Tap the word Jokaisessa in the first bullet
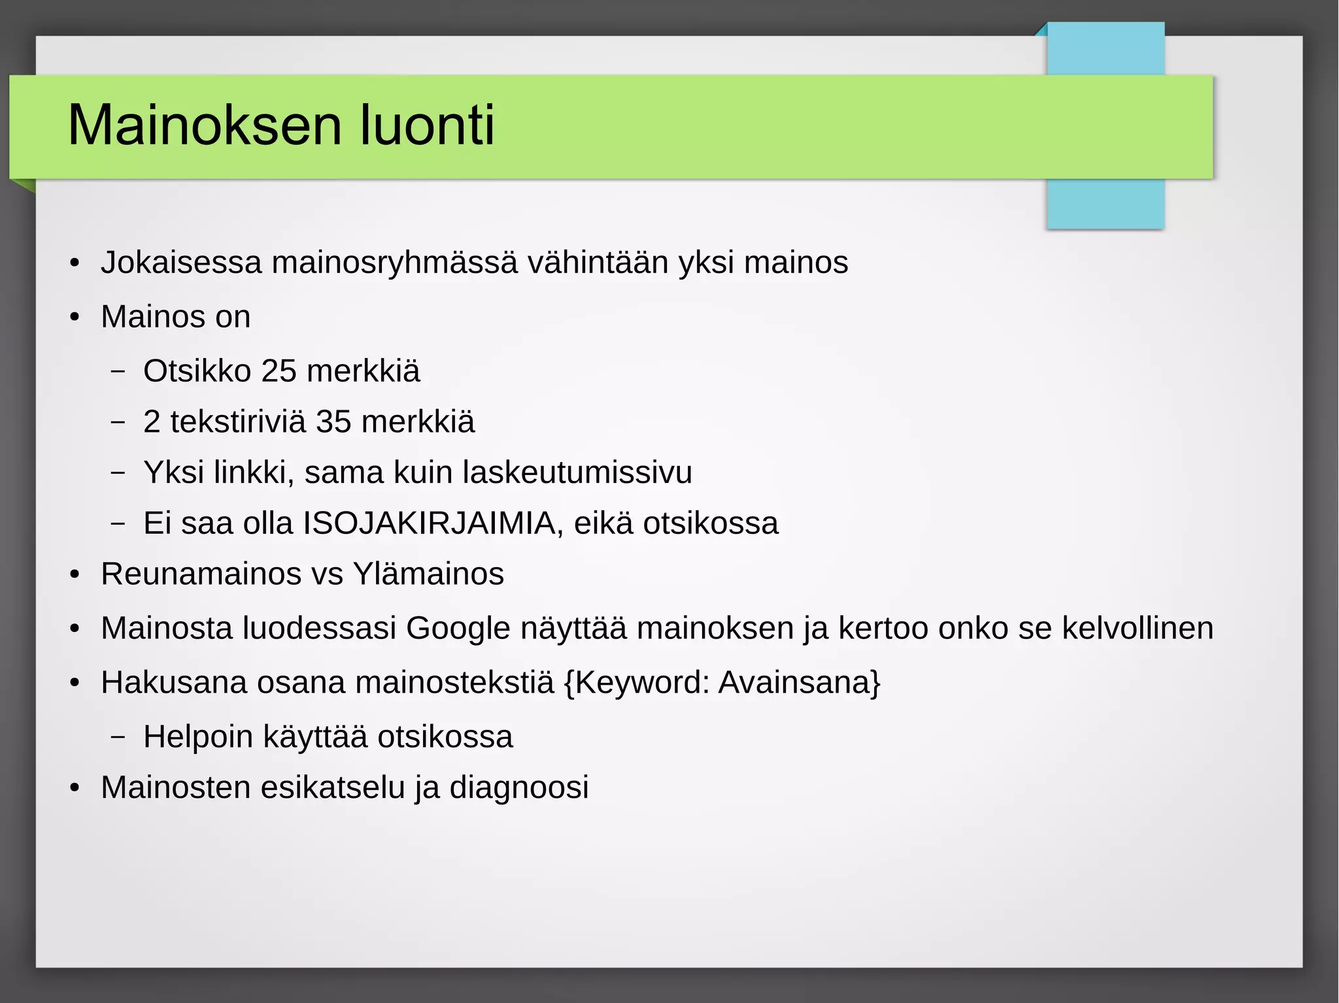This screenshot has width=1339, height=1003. pyautogui.click(x=181, y=263)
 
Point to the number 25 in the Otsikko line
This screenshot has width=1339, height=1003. pyautogui.click(x=279, y=371)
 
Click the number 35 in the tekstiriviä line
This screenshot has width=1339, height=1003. pyautogui.click(x=333, y=421)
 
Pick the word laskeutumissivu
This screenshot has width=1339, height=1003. pyautogui.click(x=577, y=472)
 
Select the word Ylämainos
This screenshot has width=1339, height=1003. pyautogui.click(x=428, y=574)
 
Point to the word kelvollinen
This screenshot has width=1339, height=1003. pyautogui.click(x=1137, y=628)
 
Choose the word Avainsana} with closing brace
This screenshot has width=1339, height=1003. pyautogui.click(x=800, y=682)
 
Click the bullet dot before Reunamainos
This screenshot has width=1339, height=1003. pyautogui.click(x=75, y=575)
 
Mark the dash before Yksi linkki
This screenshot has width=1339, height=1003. pyautogui.click(x=118, y=472)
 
